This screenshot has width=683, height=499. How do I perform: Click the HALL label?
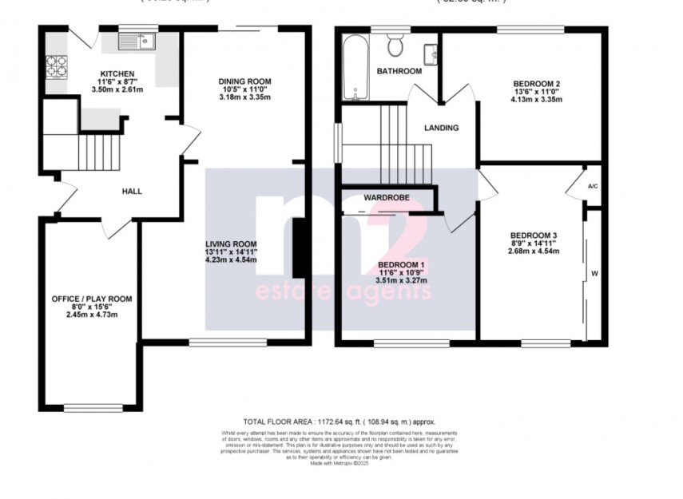[x=132, y=192]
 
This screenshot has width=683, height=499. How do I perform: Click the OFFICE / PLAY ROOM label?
[x=92, y=299]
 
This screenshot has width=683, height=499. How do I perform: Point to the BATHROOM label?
[x=399, y=71]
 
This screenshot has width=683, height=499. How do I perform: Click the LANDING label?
[x=441, y=127]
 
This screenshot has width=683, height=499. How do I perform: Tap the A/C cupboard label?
[x=593, y=187]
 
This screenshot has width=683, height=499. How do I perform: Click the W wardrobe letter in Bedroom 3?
[x=594, y=273]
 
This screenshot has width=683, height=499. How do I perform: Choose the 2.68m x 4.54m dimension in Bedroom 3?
[x=534, y=251]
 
